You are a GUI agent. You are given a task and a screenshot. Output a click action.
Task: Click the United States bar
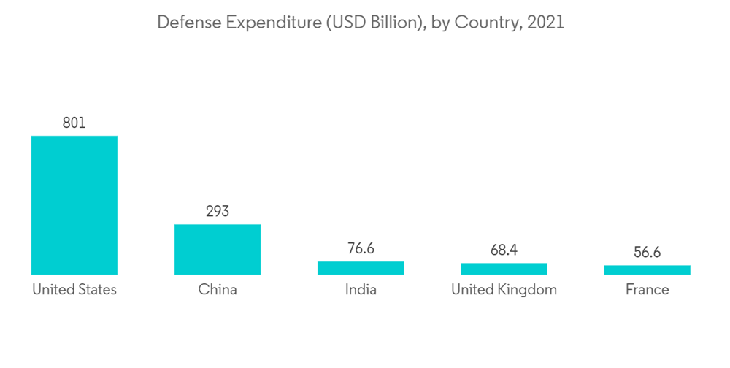coord(74,205)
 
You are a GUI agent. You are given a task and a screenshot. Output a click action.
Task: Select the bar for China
coord(218,249)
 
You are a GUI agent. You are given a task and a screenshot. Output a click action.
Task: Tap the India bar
coord(361,268)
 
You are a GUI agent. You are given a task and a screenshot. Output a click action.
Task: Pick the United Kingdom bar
coord(504,269)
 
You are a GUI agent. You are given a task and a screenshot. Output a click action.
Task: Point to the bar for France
coord(647,270)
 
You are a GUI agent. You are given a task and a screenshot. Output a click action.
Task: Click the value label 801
coord(74,123)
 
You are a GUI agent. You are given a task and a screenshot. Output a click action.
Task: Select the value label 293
coord(218,211)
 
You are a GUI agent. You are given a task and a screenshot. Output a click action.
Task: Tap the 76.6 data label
coord(361,249)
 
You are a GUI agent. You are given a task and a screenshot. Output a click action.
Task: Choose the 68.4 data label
coord(504,250)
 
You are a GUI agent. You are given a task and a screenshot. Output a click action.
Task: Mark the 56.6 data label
coord(647,253)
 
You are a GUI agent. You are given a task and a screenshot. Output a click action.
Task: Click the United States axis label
coord(74,290)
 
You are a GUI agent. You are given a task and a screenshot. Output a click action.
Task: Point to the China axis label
coord(218,290)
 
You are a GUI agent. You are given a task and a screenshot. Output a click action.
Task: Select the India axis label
coord(361,290)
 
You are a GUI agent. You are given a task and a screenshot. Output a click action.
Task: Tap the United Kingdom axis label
coord(504,290)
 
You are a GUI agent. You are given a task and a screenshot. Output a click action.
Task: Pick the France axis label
coord(647,290)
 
